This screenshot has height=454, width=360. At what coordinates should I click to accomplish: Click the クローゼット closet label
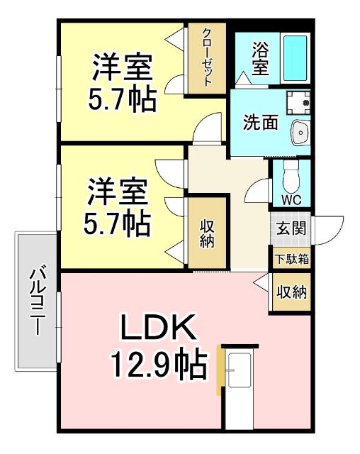click(x=207, y=57)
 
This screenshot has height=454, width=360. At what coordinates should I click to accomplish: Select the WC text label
click(x=291, y=200)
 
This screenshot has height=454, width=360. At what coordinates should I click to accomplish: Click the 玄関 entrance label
click(x=291, y=230)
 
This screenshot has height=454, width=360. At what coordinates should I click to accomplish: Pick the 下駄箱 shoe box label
click(x=292, y=259)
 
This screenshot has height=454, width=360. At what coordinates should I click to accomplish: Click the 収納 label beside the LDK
click(x=291, y=291)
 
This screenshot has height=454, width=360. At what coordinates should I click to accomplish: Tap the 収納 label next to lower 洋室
click(x=208, y=233)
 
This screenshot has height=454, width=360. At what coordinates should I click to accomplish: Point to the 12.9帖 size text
click(x=157, y=365)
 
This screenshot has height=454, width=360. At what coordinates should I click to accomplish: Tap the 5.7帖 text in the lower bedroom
click(x=117, y=223)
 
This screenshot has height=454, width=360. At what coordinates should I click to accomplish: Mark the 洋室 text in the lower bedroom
click(x=117, y=192)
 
